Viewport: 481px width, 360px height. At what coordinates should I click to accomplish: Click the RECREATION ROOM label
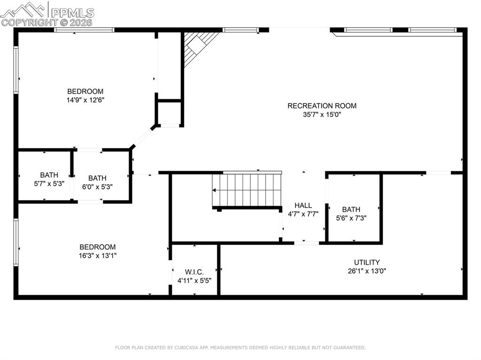click(322, 106)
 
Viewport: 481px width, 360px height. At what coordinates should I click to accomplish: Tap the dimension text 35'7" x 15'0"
click(322, 115)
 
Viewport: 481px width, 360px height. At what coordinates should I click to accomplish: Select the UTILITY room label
click(367, 262)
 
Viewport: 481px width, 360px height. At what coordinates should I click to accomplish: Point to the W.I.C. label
click(194, 272)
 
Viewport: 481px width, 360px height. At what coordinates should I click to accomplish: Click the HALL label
click(303, 206)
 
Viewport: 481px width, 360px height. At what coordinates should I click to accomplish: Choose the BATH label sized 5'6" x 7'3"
click(351, 209)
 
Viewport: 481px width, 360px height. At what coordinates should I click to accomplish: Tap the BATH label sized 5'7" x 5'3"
click(49, 175)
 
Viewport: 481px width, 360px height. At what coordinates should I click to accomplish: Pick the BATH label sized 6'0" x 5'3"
click(97, 178)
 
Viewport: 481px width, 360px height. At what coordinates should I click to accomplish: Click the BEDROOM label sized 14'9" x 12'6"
click(85, 92)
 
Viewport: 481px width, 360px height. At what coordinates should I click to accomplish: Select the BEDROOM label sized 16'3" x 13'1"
click(98, 247)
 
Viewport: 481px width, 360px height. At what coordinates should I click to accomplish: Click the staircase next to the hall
click(247, 190)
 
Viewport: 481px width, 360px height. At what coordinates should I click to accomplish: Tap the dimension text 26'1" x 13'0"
click(367, 271)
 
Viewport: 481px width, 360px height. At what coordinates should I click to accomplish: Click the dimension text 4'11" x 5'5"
click(194, 281)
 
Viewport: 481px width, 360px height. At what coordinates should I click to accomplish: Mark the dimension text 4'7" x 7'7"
click(303, 214)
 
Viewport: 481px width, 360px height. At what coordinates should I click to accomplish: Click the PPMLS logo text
click(72, 13)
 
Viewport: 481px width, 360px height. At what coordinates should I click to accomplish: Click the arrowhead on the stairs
click(214, 191)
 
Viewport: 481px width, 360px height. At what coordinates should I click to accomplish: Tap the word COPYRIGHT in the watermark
click(30, 23)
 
